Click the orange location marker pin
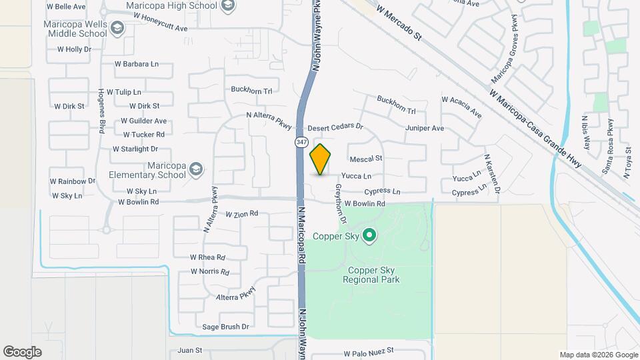321,159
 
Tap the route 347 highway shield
301,143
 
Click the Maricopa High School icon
228,7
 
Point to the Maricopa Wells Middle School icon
117,28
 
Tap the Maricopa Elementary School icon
195,169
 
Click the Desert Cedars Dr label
335,127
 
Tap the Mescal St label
366,159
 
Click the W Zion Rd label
241,214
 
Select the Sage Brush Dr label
225,327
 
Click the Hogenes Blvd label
102,110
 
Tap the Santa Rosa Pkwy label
608,147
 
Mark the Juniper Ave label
424,128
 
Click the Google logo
22,351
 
